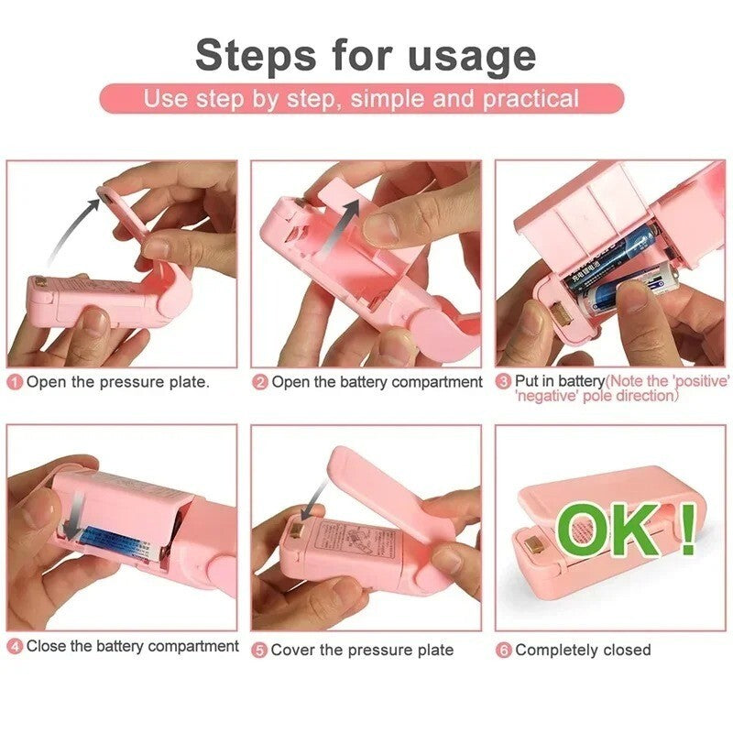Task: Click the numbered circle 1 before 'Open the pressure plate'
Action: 15,382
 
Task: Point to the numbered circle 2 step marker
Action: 260,382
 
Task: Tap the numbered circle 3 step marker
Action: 503,381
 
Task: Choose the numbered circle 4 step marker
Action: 15,647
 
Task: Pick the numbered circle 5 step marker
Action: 260,650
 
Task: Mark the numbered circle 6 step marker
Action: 503,650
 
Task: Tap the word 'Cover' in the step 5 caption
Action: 294,650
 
